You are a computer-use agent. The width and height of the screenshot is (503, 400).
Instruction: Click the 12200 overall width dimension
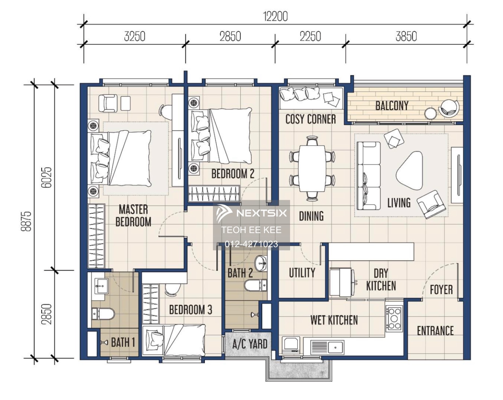(x=275, y=16)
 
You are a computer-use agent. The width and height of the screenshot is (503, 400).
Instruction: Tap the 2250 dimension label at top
(x=310, y=36)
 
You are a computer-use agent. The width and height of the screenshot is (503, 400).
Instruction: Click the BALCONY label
(x=392, y=106)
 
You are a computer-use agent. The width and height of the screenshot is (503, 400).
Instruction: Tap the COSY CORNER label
(x=311, y=119)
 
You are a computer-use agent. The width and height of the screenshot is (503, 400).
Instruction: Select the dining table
(x=312, y=168)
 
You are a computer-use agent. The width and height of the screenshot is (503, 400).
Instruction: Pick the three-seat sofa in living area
(x=369, y=176)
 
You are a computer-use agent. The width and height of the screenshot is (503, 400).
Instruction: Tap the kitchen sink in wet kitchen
(x=336, y=346)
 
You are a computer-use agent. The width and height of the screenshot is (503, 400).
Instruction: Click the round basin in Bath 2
(x=261, y=263)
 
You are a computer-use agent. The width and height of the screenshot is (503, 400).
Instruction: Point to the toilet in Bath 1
(x=104, y=314)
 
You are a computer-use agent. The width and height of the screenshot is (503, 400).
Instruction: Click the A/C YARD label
(x=250, y=344)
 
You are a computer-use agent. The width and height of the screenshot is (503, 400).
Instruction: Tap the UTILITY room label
(x=302, y=273)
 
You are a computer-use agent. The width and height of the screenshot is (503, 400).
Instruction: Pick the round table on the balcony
(x=430, y=113)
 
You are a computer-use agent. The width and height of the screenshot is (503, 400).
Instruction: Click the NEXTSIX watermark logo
(x=251, y=213)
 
